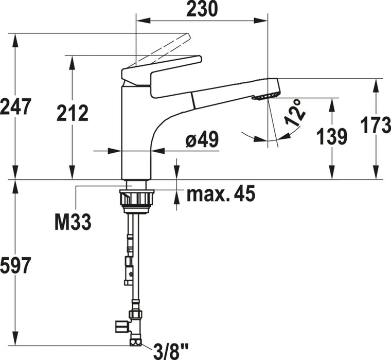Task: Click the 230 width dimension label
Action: pos(202,9)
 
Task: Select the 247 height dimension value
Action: pos(15,106)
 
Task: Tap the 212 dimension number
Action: pos(73,113)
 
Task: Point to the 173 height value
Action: pos(376,125)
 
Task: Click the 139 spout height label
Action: pos(332,136)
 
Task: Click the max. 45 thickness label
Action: pos(221,193)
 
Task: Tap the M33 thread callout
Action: pos(73,221)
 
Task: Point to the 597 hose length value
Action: pos(15,265)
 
